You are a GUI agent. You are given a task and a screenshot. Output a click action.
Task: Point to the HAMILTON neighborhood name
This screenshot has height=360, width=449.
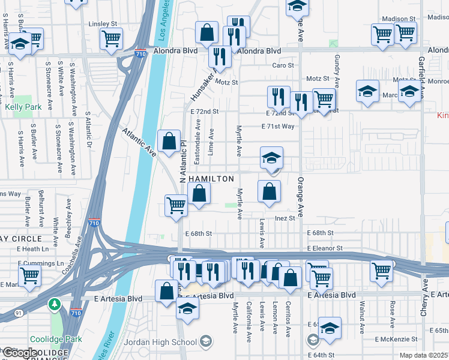click(211, 179)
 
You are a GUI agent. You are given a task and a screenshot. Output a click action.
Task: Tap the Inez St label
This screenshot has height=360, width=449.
click(285, 218)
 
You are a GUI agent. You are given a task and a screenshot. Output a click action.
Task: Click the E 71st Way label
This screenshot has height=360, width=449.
click(278, 127)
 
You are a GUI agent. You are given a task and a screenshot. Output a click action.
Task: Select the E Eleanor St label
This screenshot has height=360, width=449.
click(324, 248)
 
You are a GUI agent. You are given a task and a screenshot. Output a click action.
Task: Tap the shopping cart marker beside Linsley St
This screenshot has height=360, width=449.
click(112, 38)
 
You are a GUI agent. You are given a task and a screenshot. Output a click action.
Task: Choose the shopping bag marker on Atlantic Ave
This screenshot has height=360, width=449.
click(169, 141)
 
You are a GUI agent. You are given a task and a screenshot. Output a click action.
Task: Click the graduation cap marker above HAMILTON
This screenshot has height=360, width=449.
click(271, 159)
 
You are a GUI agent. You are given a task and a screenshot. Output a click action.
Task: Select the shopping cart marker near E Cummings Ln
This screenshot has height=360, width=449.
click(30, 276)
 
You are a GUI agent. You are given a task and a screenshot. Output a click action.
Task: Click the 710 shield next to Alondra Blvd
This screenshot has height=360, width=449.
click(140, 53)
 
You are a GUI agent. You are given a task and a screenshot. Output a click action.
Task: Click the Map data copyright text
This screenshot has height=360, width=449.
click(424, 355)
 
